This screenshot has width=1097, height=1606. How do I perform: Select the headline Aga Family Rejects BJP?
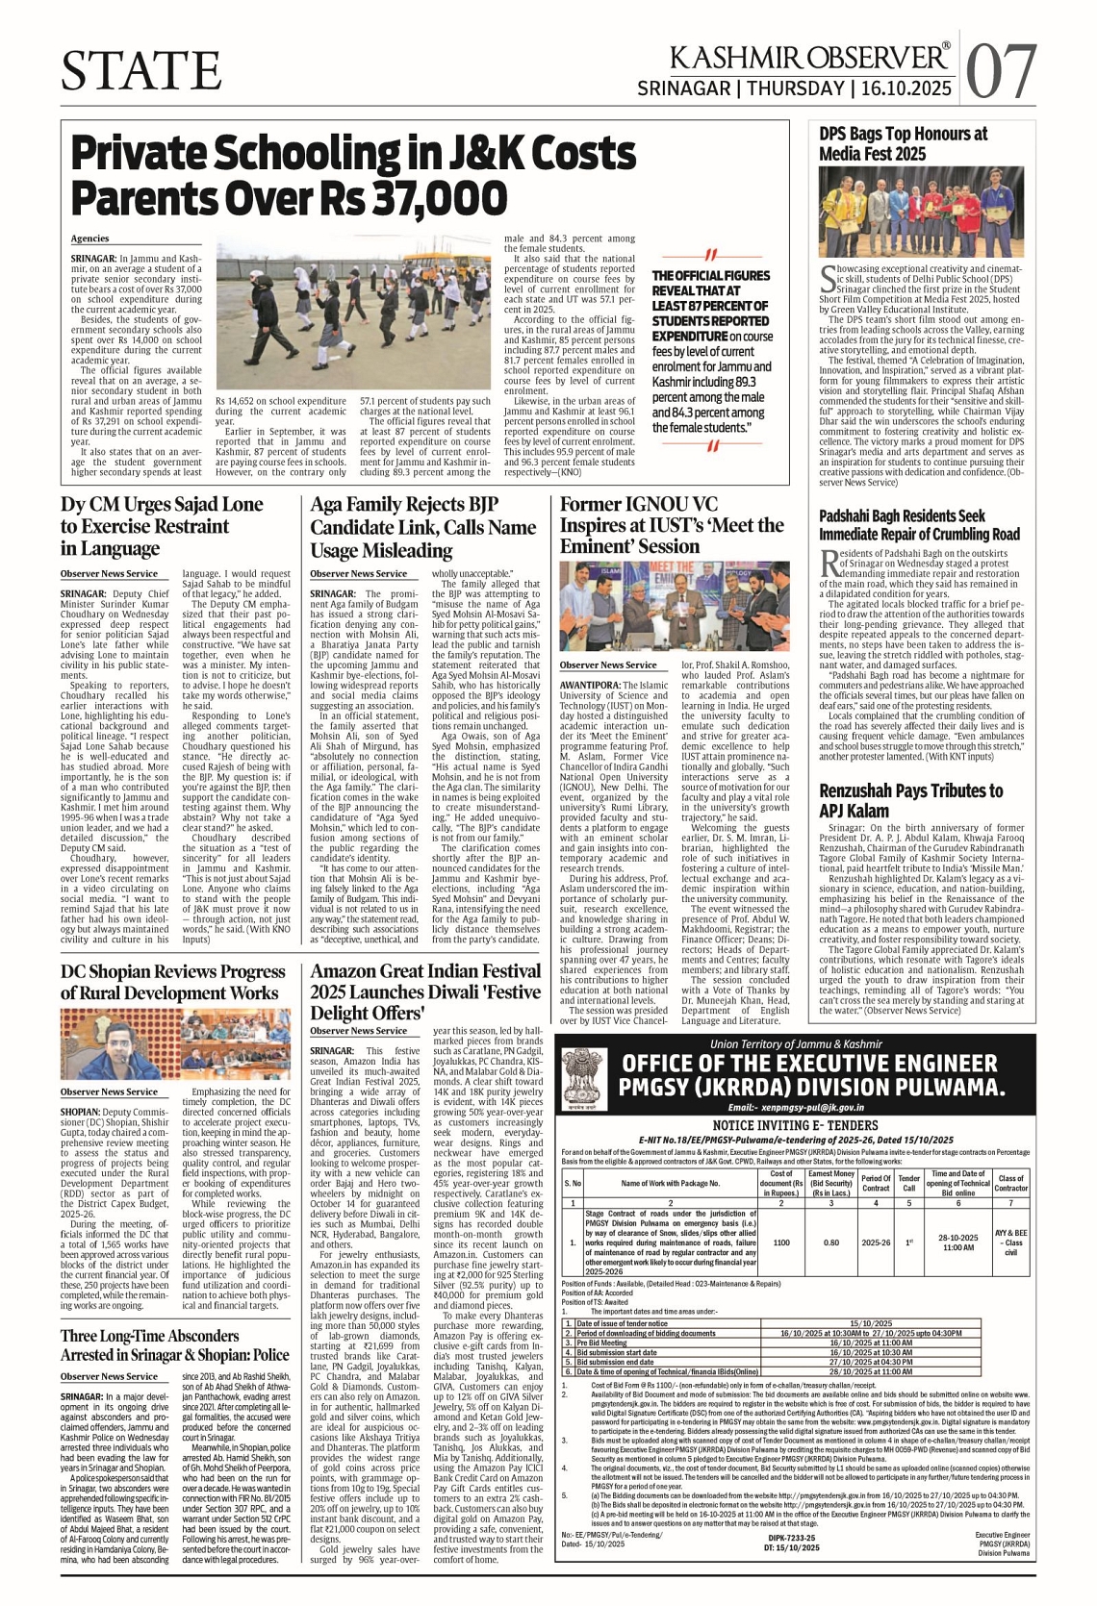coord(423,527)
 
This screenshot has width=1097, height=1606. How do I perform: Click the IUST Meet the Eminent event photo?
coord(674,605)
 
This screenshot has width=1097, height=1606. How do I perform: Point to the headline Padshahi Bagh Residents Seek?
coord(919,525)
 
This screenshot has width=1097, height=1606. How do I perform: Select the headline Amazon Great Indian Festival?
coord(425,991)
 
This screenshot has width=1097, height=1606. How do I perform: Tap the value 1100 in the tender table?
coord(781,1242)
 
